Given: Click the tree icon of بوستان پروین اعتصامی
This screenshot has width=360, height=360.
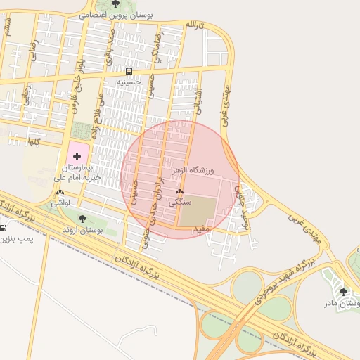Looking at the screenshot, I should click(x=116, y=4).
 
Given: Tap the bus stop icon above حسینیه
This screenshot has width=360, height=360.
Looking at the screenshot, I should click(x=129, y=71).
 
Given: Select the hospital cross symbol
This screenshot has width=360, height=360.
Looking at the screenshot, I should click(x=77, y=155).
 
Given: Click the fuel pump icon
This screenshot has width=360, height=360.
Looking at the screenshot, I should click(x=4, y=228).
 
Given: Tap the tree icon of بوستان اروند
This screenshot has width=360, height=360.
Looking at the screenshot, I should click(x=83, y=219).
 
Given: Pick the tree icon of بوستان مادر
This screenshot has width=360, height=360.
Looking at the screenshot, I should click(x=343, y=292).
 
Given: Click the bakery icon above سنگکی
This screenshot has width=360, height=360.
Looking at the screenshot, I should click(x=179, y=191).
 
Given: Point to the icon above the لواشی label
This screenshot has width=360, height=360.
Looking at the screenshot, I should click(x=60, y=192).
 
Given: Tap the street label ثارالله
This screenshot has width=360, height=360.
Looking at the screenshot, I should click(x=194, y=25).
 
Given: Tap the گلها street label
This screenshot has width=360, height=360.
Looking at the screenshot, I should click(x=32, y=141).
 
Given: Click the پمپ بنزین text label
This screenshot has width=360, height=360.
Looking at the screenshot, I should click(x=16, y=239).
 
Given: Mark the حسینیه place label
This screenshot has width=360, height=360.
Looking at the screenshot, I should click(x=129, y=82).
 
